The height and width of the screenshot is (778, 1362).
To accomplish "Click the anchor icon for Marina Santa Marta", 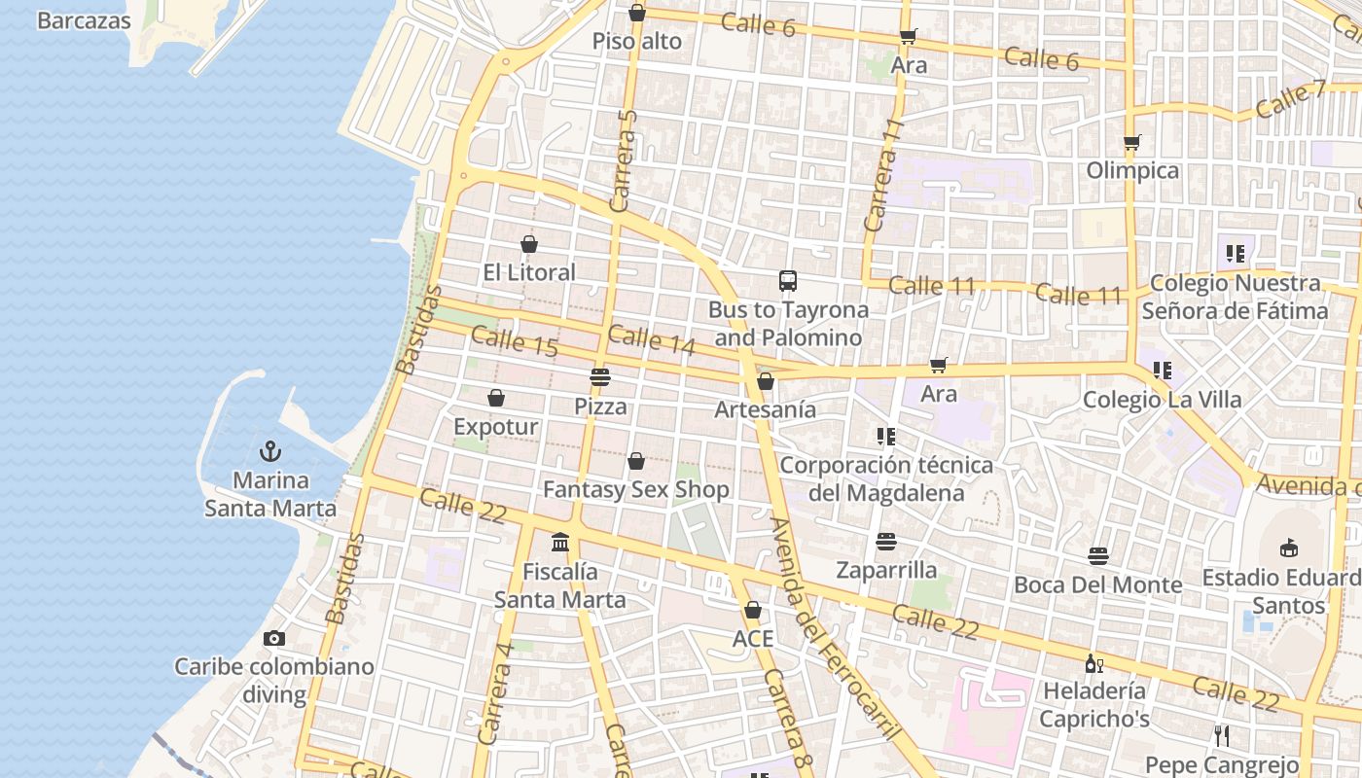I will pyautogui.click(x=270, y=451).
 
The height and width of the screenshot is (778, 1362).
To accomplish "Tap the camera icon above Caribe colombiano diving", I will pyautogui.click(x=274, y=639).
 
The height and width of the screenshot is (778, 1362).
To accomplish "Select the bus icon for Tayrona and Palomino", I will pyautogui.click(x=788, y=281).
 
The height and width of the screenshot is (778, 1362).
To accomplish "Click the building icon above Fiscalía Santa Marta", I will pyautogui.click(x=560, y=542).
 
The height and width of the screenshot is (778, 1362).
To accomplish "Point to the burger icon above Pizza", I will pyautogui.click(x=600, y=376).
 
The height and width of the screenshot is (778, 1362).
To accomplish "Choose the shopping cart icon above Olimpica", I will pyautogui.click(x=1131, y=143).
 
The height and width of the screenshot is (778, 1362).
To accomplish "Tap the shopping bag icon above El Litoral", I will pyautogui.click(x=529, y=244).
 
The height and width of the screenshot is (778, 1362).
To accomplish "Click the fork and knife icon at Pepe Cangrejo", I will pyautogui.click(x=1222, y=736).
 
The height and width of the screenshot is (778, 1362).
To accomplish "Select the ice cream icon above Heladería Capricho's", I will pyautogui.click(x=1093, y=663).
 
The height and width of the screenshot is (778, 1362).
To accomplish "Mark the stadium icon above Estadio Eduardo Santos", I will pyautogui.click(x=1289, y=548).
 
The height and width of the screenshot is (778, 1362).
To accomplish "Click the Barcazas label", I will pyautogui.click(x=84, y=20).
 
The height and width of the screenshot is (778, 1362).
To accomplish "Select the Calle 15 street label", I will pyautogui.click(x=514, y=341).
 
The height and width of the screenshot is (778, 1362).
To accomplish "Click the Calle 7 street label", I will pyautogui.click(x=1290, y=100).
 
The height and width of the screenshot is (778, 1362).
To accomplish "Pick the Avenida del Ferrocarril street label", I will pyautogui.click(x=832, y=630).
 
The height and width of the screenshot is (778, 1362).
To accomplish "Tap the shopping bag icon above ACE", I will pyautogui.click(x=752, y=610).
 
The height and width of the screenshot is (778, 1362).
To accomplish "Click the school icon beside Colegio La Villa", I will pyautogui.click(x=1162, y=371).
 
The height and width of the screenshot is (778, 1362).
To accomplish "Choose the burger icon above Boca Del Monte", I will pyautogui.click(x=1098, y=556).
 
